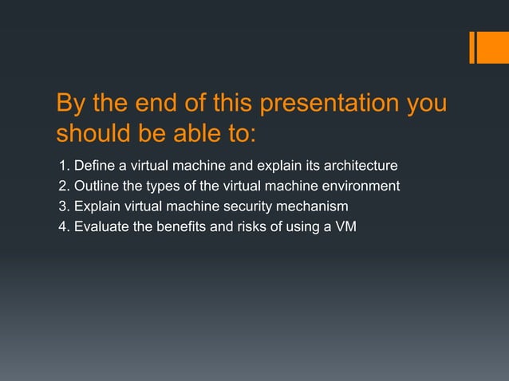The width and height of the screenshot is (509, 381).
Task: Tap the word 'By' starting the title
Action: click(x=69, y=104)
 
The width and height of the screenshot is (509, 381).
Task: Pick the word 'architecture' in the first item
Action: click(x=361, y=167)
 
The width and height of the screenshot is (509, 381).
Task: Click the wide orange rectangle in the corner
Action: click(x=487, y=47)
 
